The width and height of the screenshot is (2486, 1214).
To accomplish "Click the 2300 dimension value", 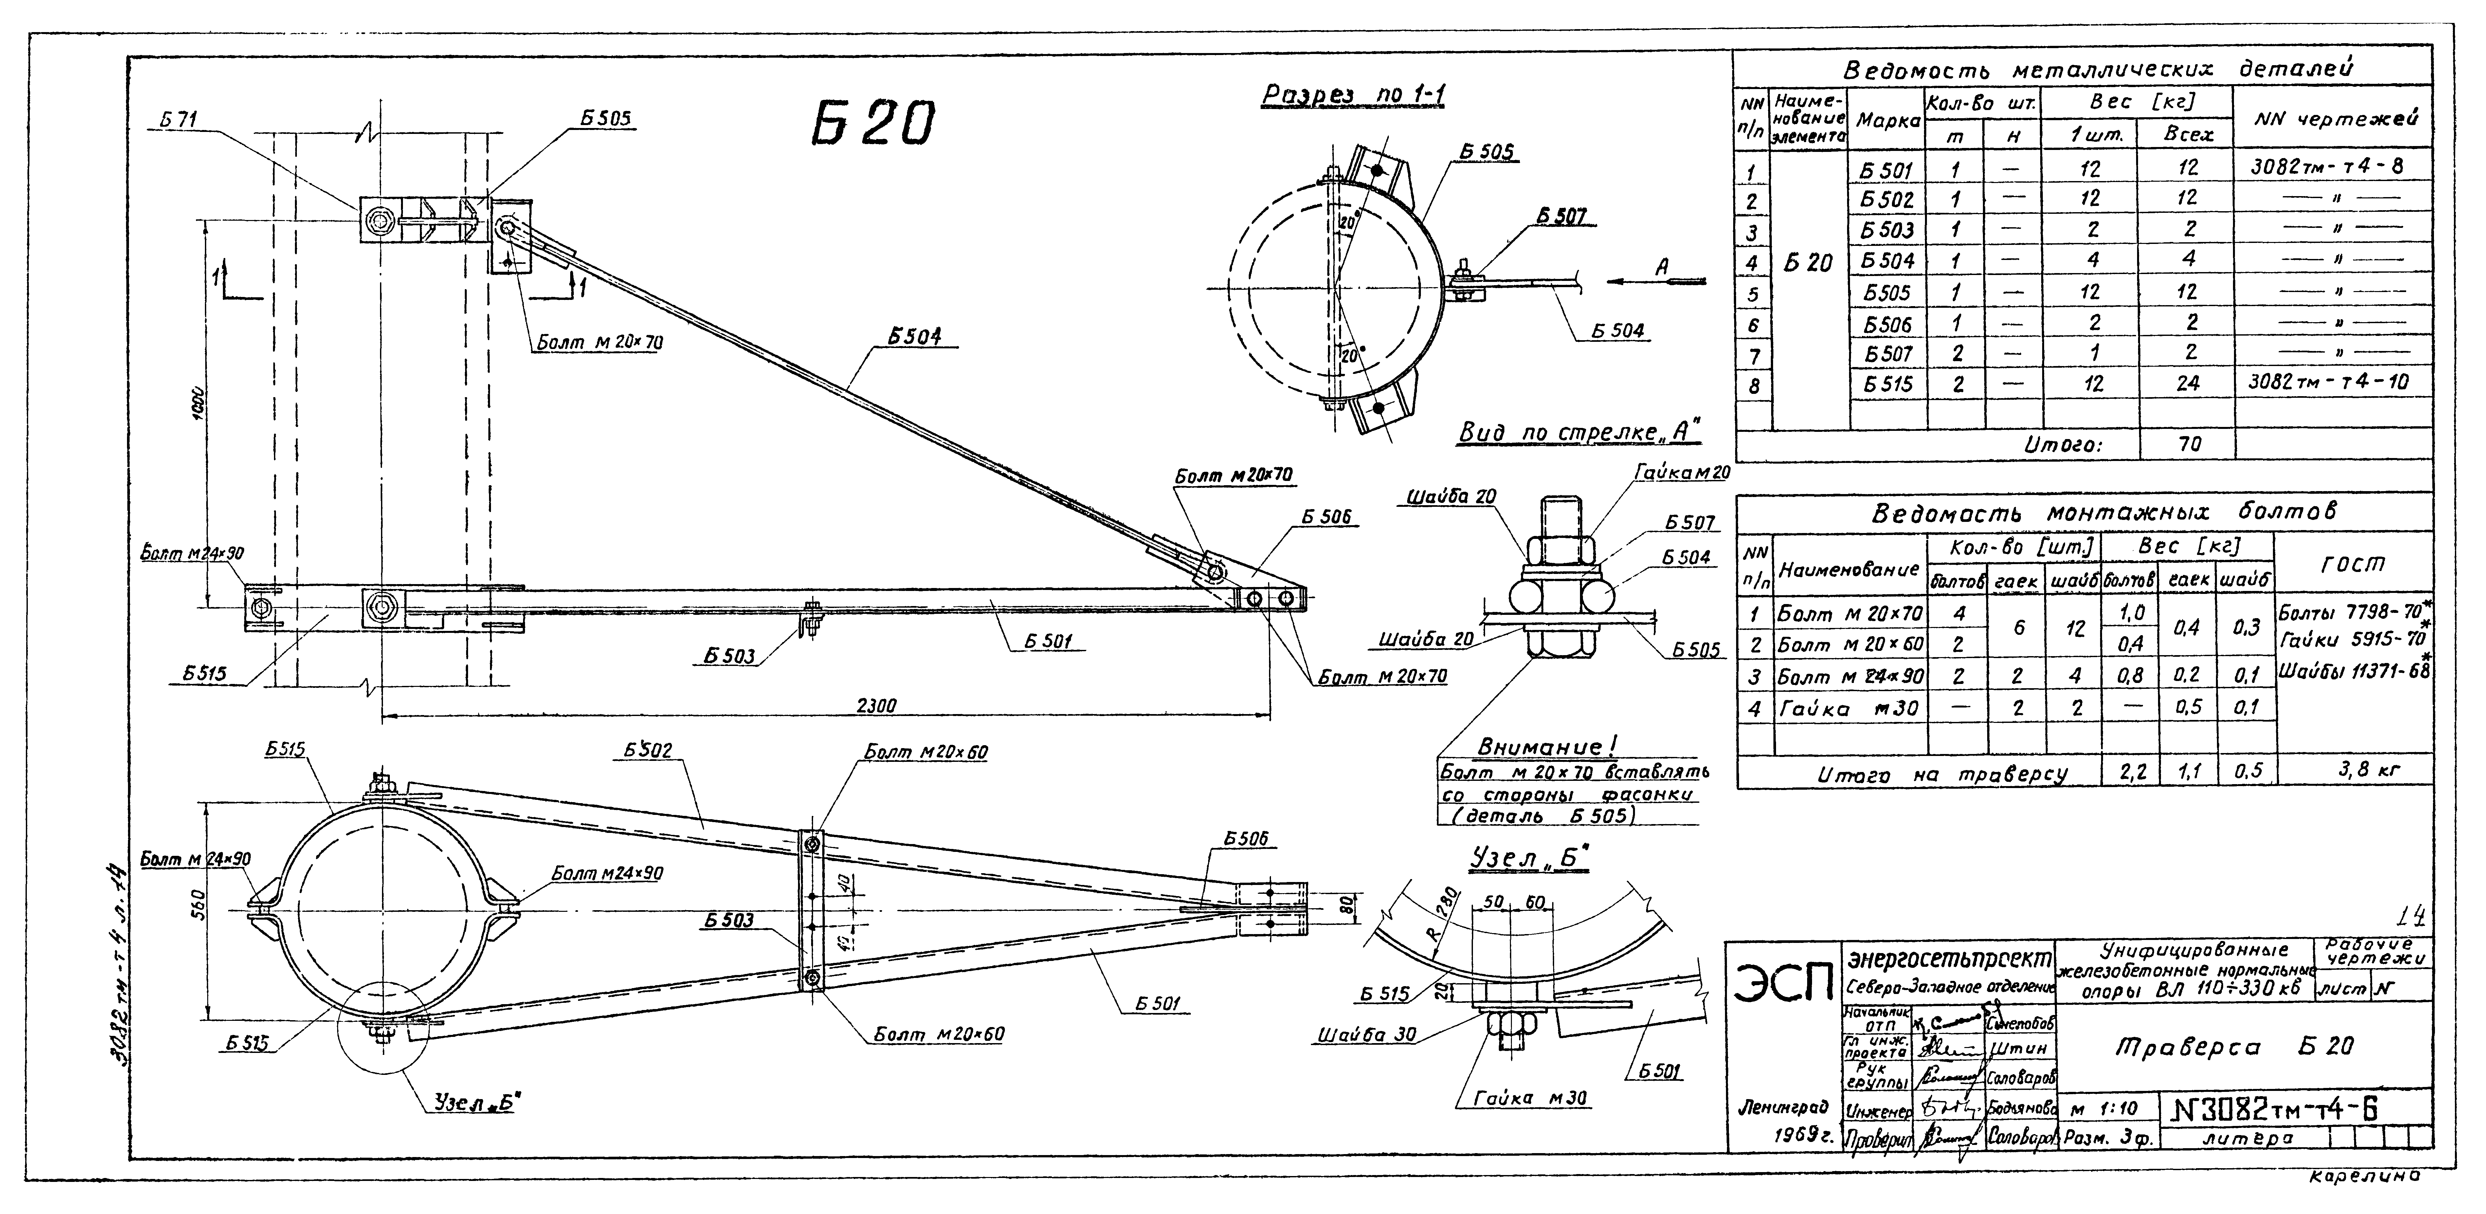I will pos(876,706).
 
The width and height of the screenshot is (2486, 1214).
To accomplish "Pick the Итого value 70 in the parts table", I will pos(2189,444).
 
